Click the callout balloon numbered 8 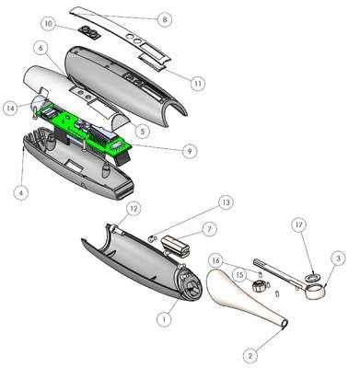(x=164, y=19)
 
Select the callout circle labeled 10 (x=49, y=23)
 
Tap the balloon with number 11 (x=198, y=83)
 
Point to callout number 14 (x=11, y=109)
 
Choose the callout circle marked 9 (x=190, y=151)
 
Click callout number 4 (x=21, y=193)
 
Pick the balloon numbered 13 (x=226, y=202)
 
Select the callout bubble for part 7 (x=209, y=229)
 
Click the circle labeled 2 (x=250, y=355)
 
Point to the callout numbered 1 (x=164, y=319)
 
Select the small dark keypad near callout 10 (x=88, y=32)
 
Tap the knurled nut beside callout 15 (x=259, y=286)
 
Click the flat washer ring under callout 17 (x=313, y=278)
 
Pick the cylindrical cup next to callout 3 (x=316, y=292)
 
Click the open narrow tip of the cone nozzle (x=285, y=324)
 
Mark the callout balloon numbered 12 (x=134, y=209)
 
